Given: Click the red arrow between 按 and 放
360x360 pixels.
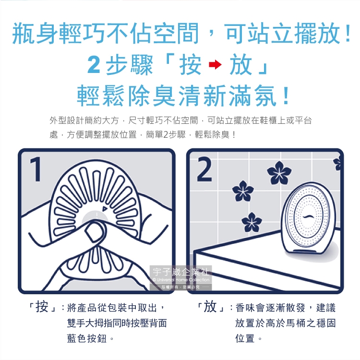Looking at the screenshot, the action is tap(215, 64).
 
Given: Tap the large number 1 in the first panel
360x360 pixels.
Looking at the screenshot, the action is tap(36, 169).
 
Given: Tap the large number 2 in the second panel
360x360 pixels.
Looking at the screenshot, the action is tap(204, 169).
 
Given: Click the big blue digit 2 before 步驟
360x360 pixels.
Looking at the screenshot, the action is tap(94, 64).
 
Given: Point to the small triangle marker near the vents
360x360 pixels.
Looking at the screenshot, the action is tap(105, 209).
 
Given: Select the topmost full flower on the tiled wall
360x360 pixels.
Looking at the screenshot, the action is tap(279, 173).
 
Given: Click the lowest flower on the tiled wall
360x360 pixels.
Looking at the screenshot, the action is tap(252, 222).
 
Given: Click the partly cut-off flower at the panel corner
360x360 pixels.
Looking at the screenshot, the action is tap(337, 163).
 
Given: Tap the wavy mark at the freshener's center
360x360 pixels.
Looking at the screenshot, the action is tap(308, 217).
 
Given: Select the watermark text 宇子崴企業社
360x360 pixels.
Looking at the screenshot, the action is tap(180, 272).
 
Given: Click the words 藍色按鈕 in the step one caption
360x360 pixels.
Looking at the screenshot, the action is tap(87, 338).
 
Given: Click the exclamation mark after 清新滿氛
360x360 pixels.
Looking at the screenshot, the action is tap(286, 96).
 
